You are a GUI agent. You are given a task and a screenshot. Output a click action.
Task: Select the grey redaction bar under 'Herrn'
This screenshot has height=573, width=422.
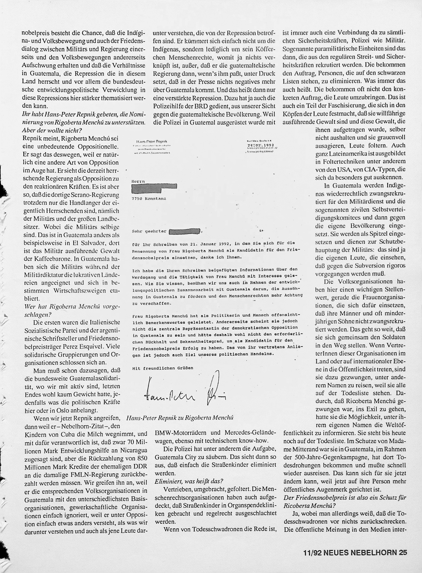pyautogui.click(x=154, y=189)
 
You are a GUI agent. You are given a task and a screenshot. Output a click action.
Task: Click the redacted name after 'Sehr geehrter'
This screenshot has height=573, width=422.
pyautogui.click(x=185, y=232)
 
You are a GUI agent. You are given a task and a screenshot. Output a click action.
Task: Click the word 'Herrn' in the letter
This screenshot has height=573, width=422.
pyautogui.click(x=138, y=181)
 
